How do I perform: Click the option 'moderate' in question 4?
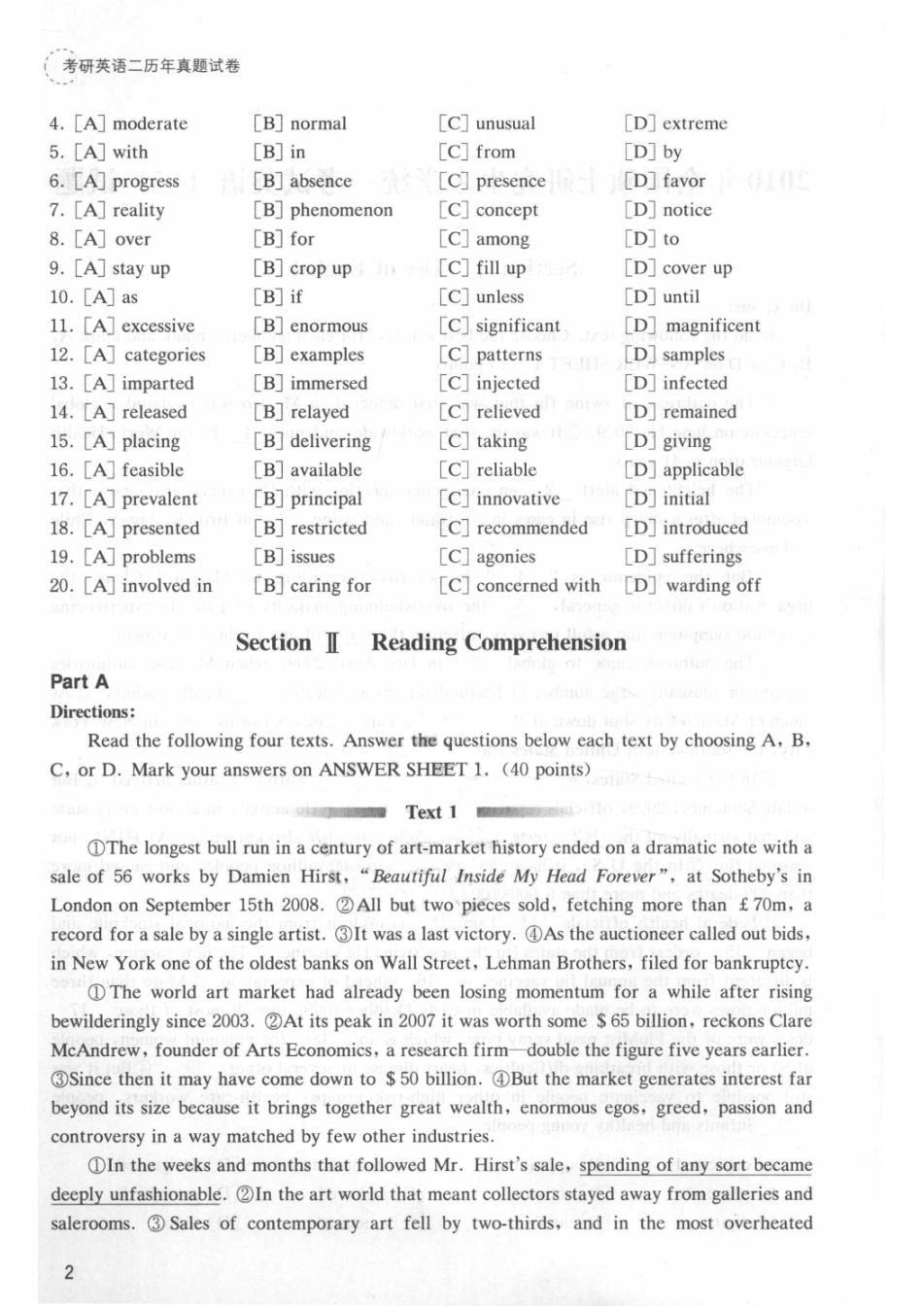pyautogui.click(x=150, y=123)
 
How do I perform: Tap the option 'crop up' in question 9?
pyautogui.click(x=321, y=268)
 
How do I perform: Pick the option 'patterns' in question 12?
pyautogui.click(x=509, y=355)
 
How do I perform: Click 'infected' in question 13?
pyautogui.click(x=695, y=383)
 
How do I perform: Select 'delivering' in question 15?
pyautogui.click(x=330, y=441)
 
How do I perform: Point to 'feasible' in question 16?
pyautogui.click(x=153, y=470)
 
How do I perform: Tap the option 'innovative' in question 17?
pyautogui.click(x=518, y=499)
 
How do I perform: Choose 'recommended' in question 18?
pyautogui.click(x=531, y=528)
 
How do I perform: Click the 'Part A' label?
pyautogui.click(x=80, y=682)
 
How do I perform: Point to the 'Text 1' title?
pyautogui.click(x=431, y=812)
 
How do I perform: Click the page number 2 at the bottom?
pyautogui.click(x=68, y=1272)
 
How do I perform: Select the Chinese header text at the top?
pyautogui.click(x=151, y=67)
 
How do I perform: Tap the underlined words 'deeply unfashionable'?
pyautogui.click(x=136, y=1194)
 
